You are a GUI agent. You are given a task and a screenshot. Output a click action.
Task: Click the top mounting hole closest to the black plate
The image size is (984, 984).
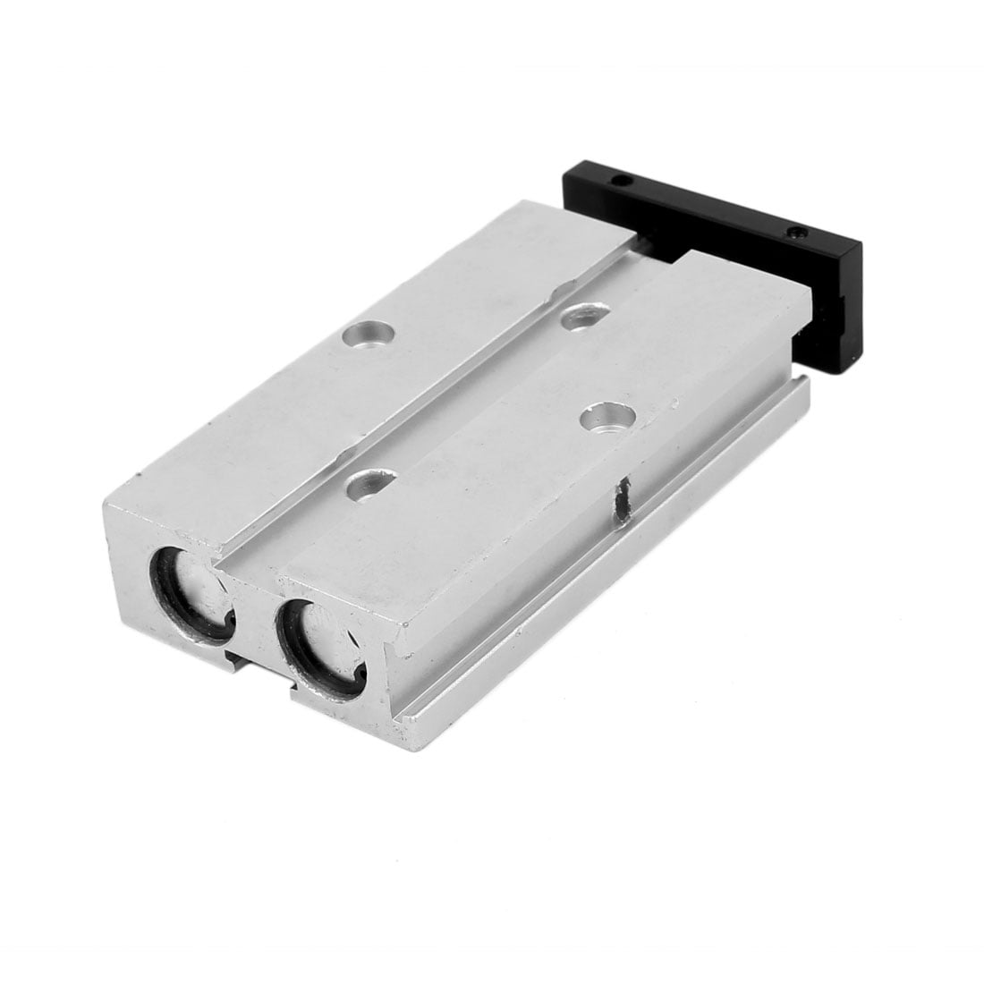(585, 315)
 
